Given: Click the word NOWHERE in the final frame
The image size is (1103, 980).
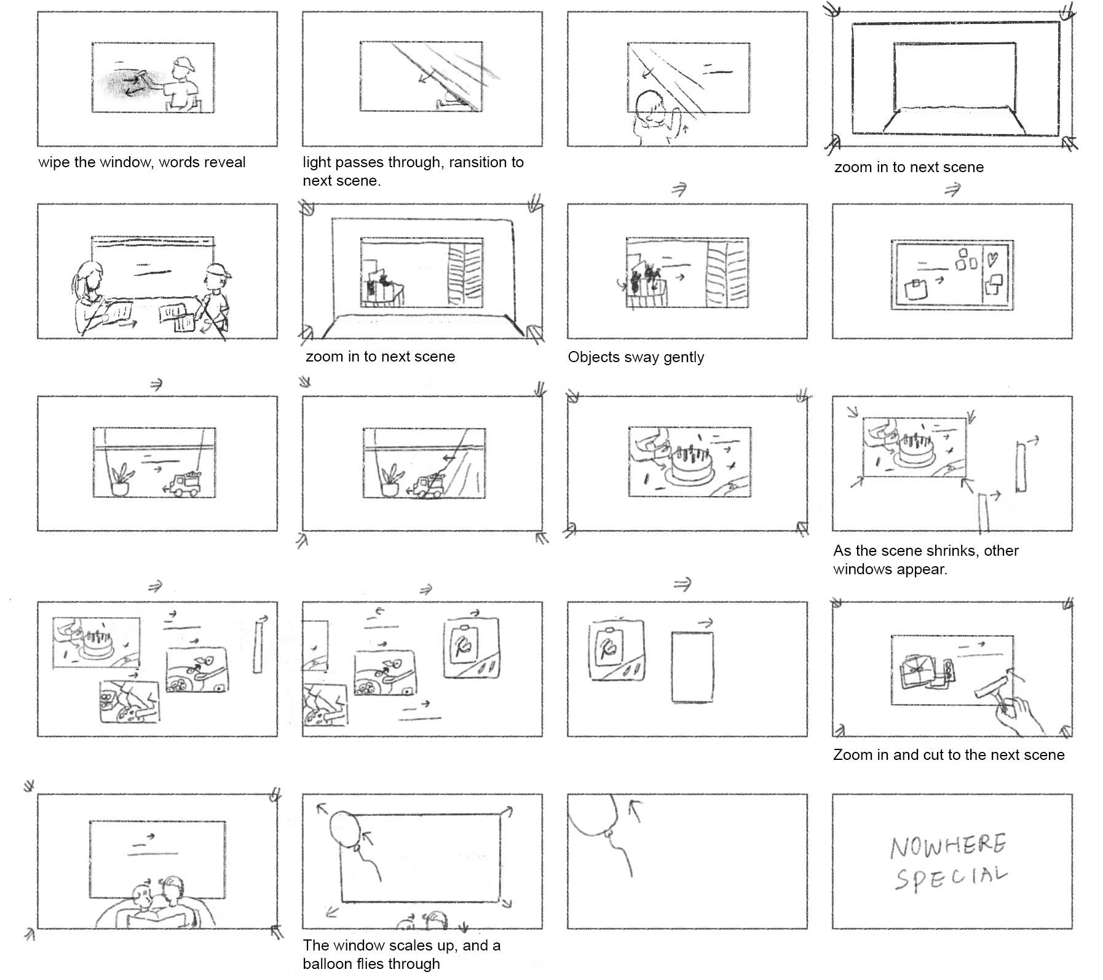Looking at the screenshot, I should click(x=947, y=846).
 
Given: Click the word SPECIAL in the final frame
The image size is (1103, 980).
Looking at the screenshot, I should click(x=950, y=877).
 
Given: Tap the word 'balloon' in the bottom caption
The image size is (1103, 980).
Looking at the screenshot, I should click(x=328, y=963).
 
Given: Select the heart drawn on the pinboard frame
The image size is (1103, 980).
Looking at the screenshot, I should click(x=992, y=259).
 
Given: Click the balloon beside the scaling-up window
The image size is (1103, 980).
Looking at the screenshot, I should click(x=344, y=829).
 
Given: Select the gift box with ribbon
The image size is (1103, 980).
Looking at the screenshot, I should click(x=916, y=672).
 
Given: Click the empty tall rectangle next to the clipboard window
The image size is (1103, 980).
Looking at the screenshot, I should click(x=692, y=666).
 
